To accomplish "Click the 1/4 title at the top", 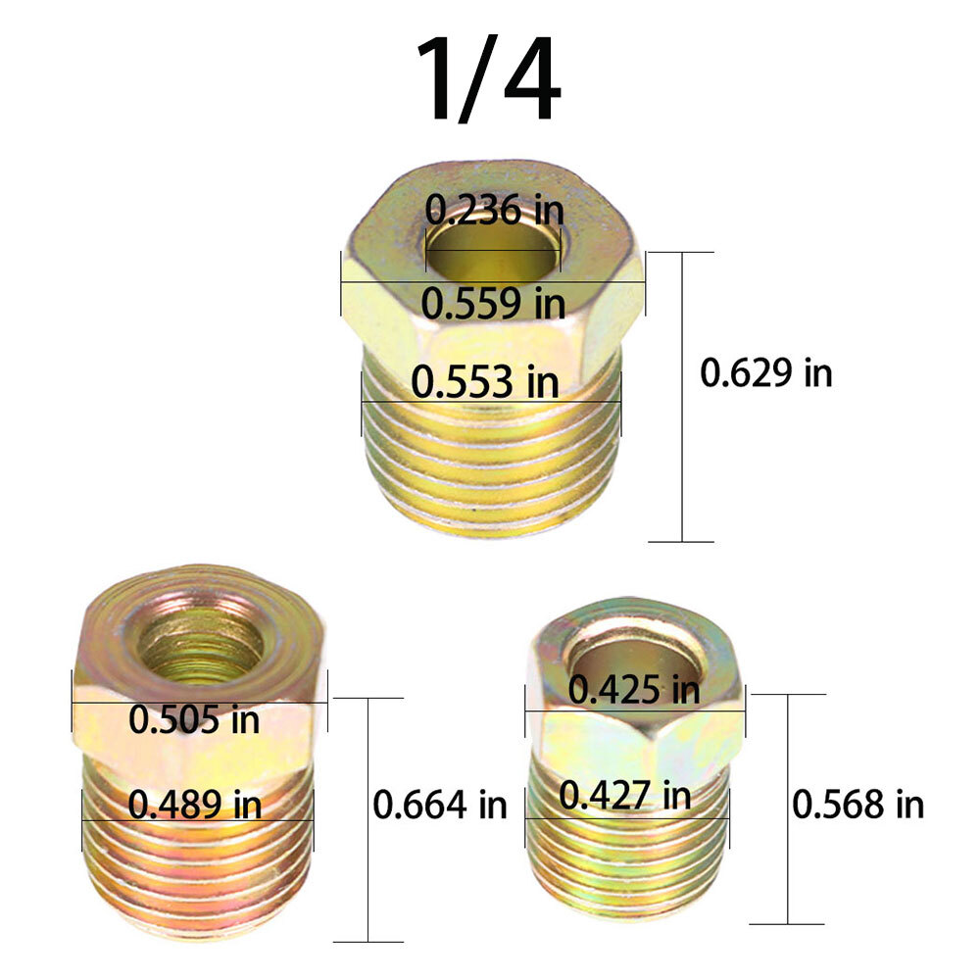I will click(488, 80).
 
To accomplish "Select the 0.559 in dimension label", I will click(493, 303).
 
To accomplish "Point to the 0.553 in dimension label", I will click(485, 380).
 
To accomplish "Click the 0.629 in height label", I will click(766, 373).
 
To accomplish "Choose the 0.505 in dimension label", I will click(195, 719).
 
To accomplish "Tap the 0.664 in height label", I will click(440, 805).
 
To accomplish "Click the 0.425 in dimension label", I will click(634, 690).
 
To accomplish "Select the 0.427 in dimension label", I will click(625, 794).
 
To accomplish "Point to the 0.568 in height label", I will click(857, 805).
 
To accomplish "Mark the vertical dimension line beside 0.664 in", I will click(368, 833).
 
